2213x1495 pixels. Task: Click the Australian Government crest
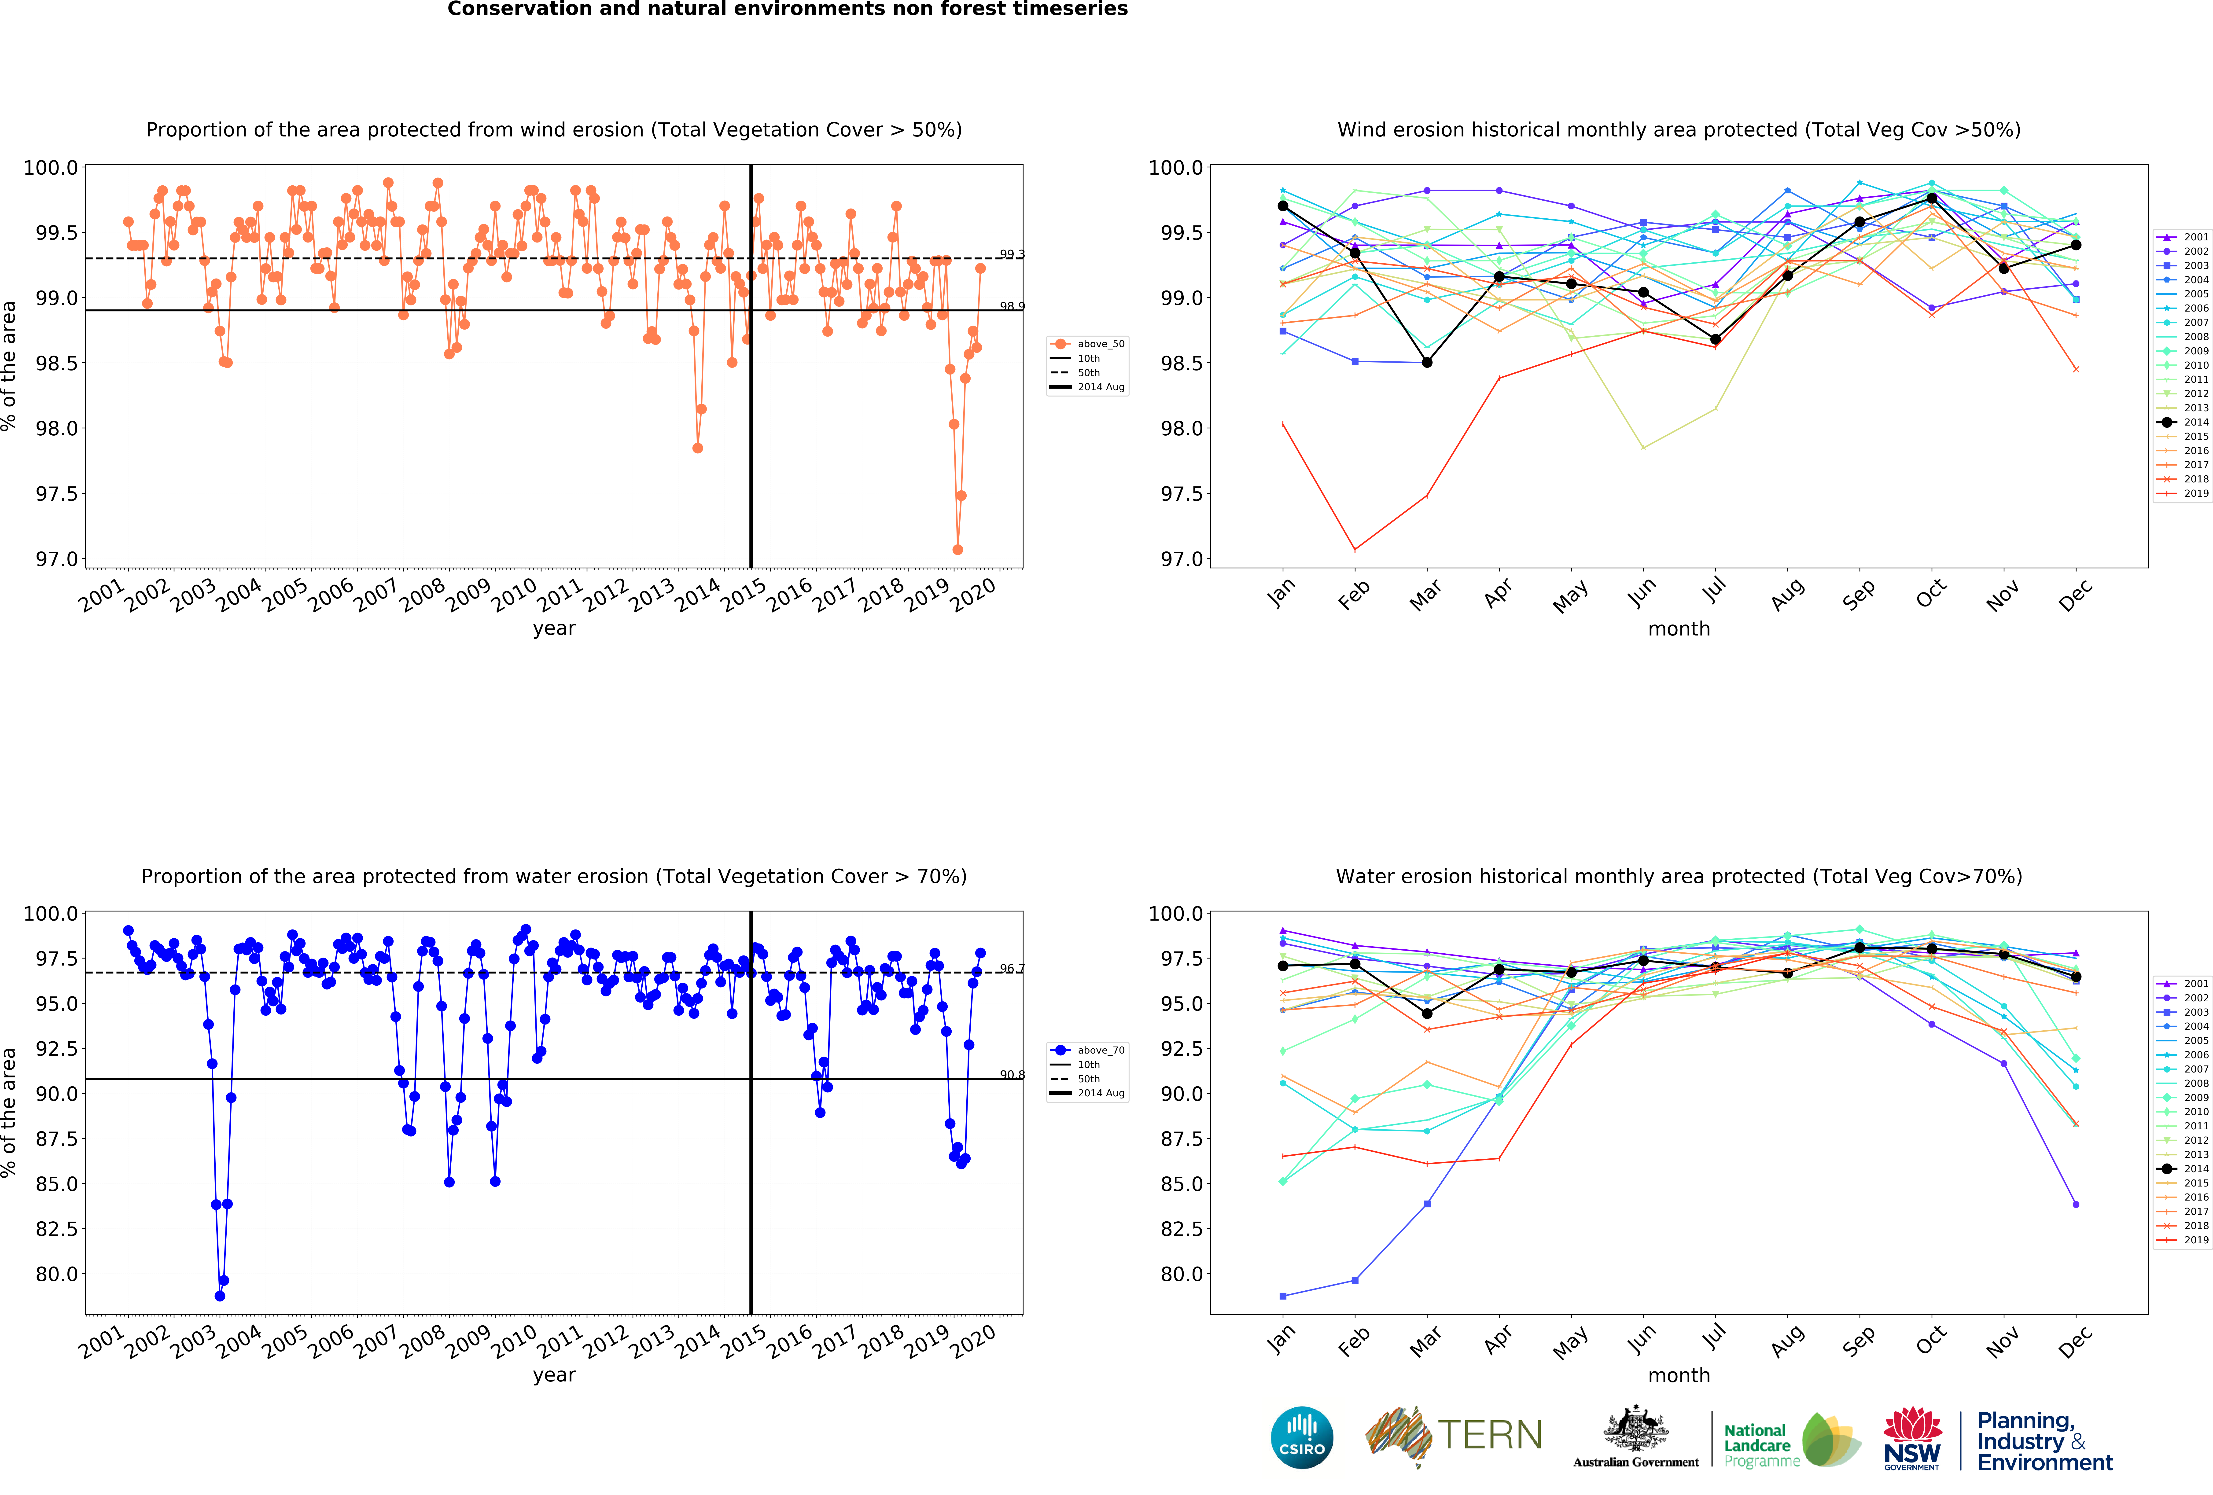1635,1428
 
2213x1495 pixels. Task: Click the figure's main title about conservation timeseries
788,10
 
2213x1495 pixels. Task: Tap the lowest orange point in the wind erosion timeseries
957,549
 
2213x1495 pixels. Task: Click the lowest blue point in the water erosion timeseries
220,1296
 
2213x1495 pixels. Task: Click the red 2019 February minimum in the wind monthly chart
1355,549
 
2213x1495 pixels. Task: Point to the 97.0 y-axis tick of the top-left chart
57,559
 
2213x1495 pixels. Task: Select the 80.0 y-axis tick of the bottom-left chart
57,1274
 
